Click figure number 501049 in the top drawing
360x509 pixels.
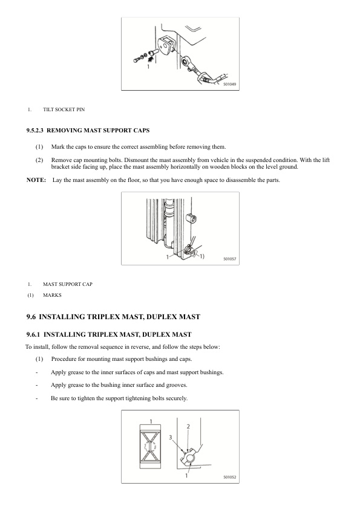point(229,84)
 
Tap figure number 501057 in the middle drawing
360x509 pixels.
point(229,259)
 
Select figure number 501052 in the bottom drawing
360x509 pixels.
point(229,477)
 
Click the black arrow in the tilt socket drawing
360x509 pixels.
point(151,59)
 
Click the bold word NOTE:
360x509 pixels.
point(36,180)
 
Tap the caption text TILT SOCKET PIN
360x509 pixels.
point(64,109)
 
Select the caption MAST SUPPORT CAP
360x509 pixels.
point(68,284)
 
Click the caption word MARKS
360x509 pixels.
point(52,295)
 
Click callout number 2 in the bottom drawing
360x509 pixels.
point(188,427)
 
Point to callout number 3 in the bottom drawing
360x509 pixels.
point(170,437)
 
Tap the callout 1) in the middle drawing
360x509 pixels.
point(201,256)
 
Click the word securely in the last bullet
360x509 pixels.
point(177,398)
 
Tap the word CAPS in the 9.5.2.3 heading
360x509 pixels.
point(142,131)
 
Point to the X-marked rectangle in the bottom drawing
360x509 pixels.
point(151,447)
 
